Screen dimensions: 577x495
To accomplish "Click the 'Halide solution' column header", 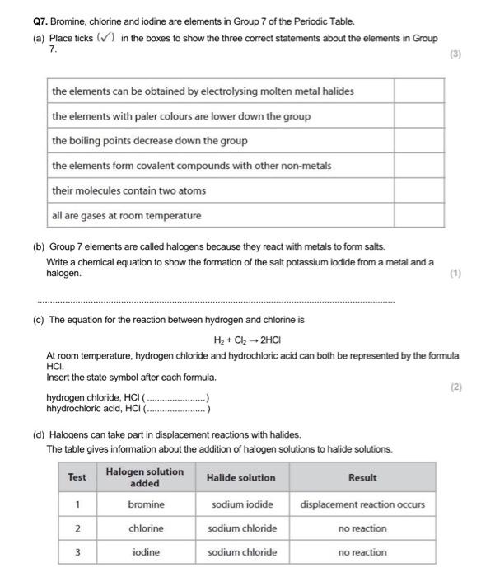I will pos(241,477).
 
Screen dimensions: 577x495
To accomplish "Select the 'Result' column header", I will pos(362,477).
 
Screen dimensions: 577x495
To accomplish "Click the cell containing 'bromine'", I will pos(146,504).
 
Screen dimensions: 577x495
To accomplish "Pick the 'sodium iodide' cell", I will pos(242,504).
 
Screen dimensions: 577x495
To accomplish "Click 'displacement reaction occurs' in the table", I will pos(362,504).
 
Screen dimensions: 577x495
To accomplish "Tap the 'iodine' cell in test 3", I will pos(146,552).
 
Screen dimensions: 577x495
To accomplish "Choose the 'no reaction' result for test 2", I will pos(362,528).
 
